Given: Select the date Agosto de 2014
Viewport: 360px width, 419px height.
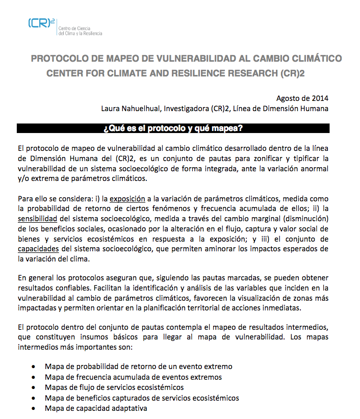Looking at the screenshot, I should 302,98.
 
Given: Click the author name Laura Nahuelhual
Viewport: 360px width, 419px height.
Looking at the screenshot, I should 133,108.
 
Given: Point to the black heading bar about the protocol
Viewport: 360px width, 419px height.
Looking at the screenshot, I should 173,128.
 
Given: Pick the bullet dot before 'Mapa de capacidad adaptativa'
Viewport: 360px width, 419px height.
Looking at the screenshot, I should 34,409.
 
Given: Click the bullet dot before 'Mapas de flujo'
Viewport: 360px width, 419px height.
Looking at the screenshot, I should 34,388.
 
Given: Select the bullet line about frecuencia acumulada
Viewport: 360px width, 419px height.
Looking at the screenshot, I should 133,377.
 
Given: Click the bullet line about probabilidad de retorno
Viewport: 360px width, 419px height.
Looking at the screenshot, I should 138,366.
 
